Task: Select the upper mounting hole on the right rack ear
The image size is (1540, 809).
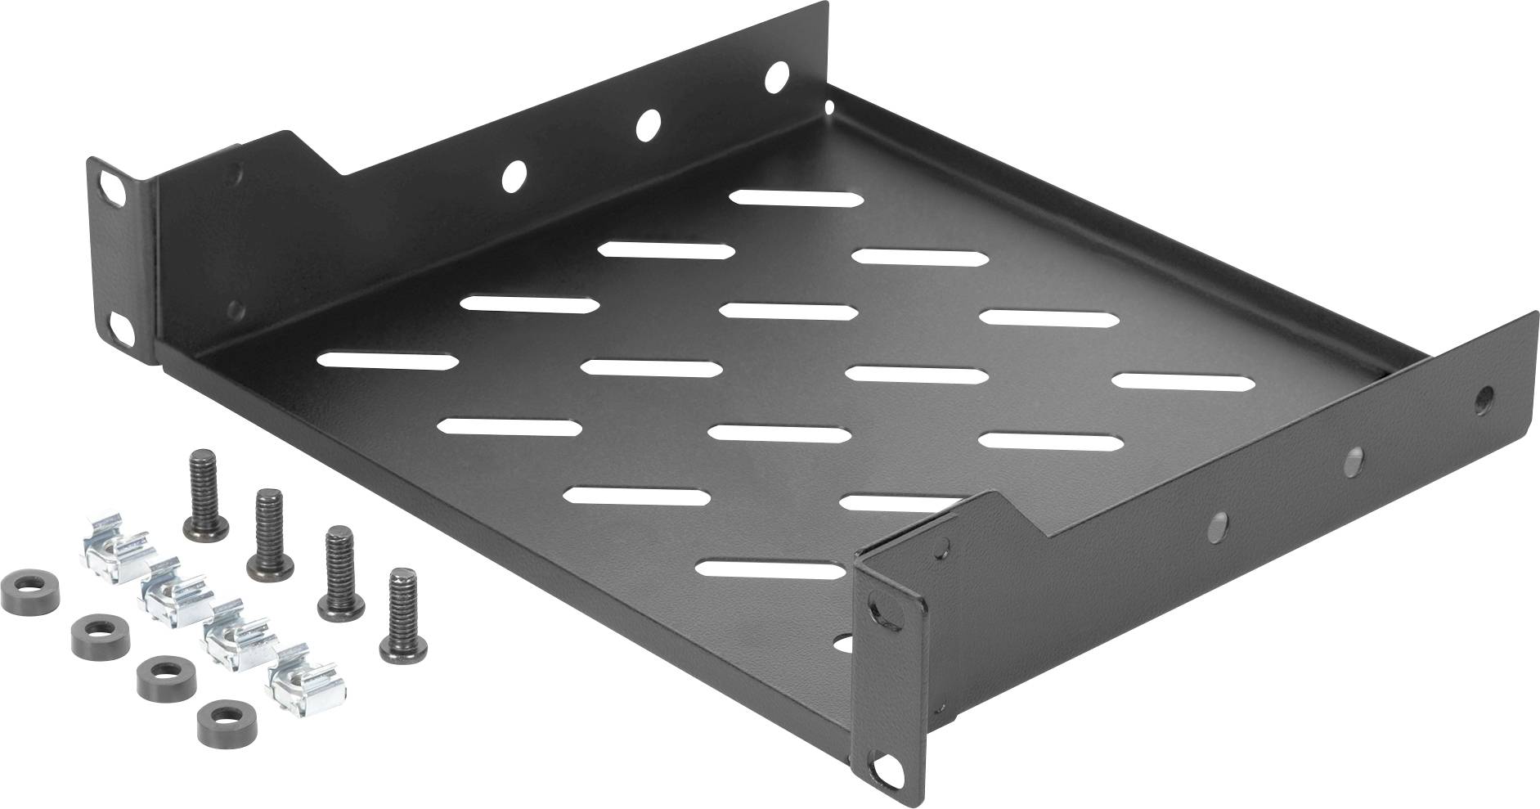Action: pyautogui.click(x=879, y=607)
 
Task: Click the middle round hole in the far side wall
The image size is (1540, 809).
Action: pyautogui.click(x=647, y=124)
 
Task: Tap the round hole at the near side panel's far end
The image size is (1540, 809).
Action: pyautogui.click(x=1482, y=402)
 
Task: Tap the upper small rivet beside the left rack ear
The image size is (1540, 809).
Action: pyautogui.click(x=236, y=173)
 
